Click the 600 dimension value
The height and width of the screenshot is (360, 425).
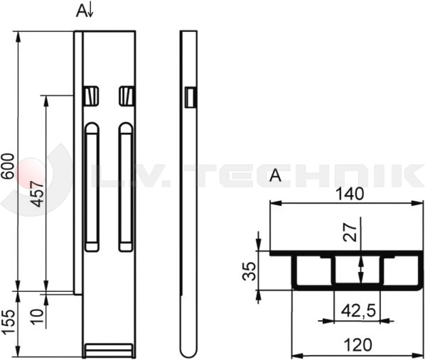pyautogui.click(x=8, y=165)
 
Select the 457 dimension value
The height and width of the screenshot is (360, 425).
pyautogui.click(x=36, y=194)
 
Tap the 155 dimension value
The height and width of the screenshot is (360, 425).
pyautogui.click(x=8, y=322)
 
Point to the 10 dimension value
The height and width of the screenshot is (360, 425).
pyautogui.click(x=37, y=317)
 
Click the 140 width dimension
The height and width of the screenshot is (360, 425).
pyautogui.click(x=350, y=194)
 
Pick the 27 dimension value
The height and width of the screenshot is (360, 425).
pyautogui.click(x=350, y=232)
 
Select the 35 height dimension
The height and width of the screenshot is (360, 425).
pyautogui.click(x=249, y=271)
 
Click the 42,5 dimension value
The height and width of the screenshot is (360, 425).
pyautogui.click(x=358, y=310)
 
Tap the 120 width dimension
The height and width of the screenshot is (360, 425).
pyautogui.click(x=357, y=345)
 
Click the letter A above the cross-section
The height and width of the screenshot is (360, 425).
pyautogui.click(x=275, y=175)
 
